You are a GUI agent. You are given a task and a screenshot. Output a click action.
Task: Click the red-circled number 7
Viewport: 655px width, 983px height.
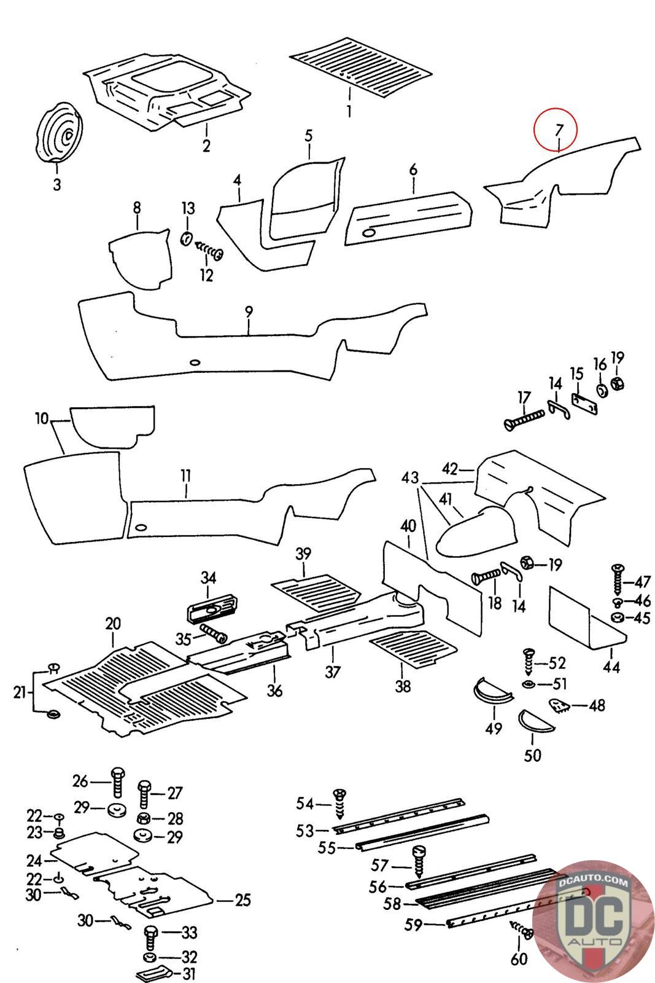click(557, 130)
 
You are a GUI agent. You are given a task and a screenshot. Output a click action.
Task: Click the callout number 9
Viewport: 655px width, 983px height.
click(249, 312)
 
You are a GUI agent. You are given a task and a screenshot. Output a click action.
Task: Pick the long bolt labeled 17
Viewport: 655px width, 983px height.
click(525, 420)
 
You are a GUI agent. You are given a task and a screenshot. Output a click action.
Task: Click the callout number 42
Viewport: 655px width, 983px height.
click(449, 469)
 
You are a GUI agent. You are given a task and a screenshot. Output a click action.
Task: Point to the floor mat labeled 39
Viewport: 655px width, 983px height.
click(317, 591)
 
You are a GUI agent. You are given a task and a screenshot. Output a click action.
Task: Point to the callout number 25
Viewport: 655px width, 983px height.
click(243, 900)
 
